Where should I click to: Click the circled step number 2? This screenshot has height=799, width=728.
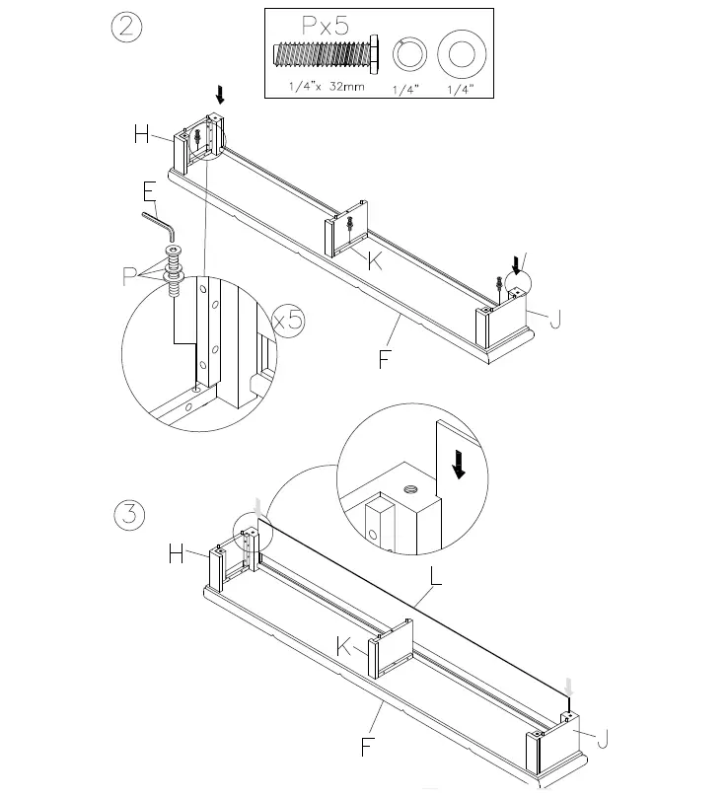pos(127,29)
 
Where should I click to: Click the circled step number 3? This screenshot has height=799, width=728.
pos(130,516)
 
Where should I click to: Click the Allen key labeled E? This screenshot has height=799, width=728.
pos(160,223)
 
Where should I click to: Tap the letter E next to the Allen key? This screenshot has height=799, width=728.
pos(149,191)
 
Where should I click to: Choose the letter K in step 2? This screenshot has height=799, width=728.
pos(375,260)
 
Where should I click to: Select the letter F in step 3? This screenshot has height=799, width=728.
pos(367,747)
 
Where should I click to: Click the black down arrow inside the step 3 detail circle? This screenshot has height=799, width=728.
pos(458,464)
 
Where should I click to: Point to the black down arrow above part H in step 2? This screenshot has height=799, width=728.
pos(221,94)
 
